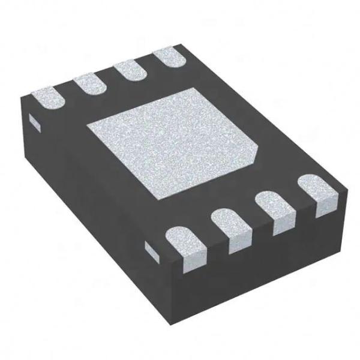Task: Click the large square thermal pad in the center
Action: (x=174, y=144)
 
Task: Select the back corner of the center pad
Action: (x=192, y=88)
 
